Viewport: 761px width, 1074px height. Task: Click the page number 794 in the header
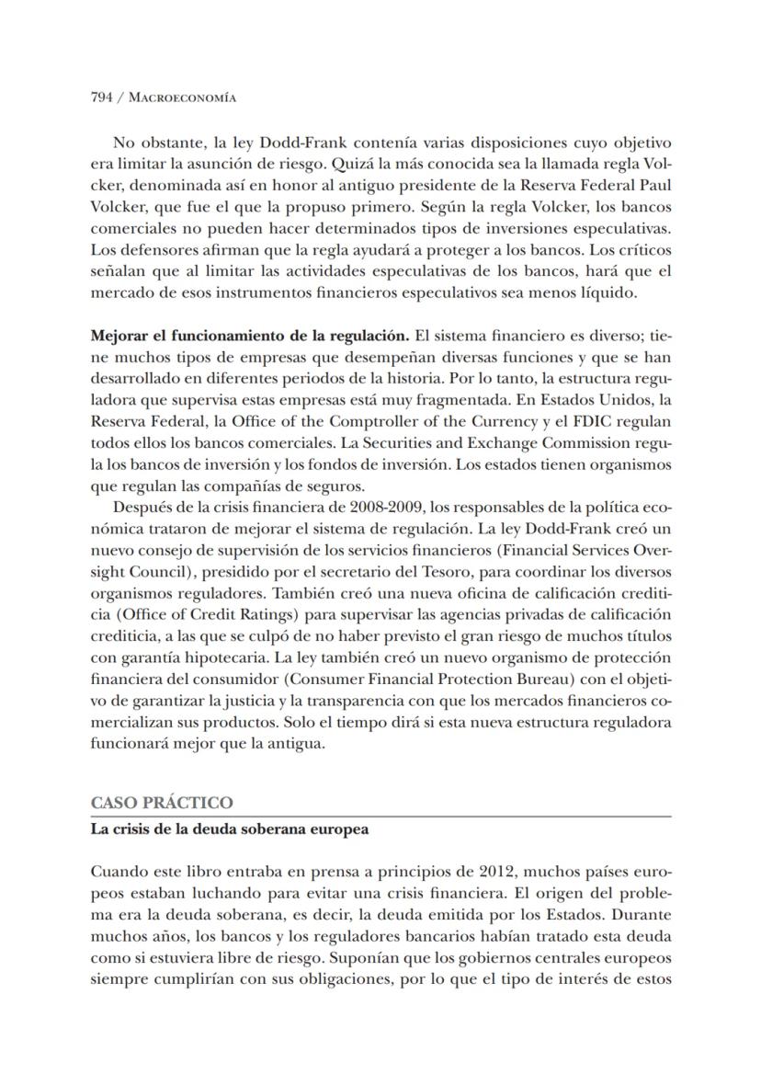(101, 96)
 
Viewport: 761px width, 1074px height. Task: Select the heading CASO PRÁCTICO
(162, 803)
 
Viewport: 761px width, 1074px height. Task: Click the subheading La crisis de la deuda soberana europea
(230, 829)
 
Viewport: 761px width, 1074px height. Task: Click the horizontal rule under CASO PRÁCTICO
(380, 816)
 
